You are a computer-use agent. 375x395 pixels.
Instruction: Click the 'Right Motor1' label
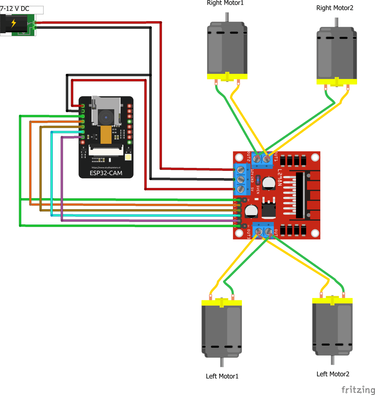click(x=225, y=3)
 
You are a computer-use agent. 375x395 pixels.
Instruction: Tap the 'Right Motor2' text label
click(x=335, y=8)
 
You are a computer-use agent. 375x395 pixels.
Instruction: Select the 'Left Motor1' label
click(x=222, y=376)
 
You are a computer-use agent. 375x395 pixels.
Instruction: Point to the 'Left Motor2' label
click(x=333, y=374)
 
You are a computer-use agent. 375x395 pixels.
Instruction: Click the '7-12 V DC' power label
click(x=15, y=9)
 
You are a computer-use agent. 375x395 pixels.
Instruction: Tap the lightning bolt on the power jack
click(x=14, y=23)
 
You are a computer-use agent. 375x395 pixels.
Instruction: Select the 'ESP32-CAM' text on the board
click(x=106, y=173)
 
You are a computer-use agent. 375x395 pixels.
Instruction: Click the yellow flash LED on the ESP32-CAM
click(x=129, y=157)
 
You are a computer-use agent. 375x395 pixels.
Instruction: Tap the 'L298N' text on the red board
click(x=279, y=178)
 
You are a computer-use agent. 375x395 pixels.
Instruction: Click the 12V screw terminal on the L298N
click(x=241, y=170)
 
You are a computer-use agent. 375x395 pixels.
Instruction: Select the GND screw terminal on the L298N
click(x=241, y=180)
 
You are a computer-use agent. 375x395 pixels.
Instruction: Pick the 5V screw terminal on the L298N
click(x=241, y=189)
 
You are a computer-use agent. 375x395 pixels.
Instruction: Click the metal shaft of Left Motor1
click(x=222, y=362)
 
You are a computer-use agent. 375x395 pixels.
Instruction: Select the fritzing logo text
click(x=356, y=390)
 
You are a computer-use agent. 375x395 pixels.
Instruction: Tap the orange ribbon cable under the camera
click(x=106, y=135)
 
